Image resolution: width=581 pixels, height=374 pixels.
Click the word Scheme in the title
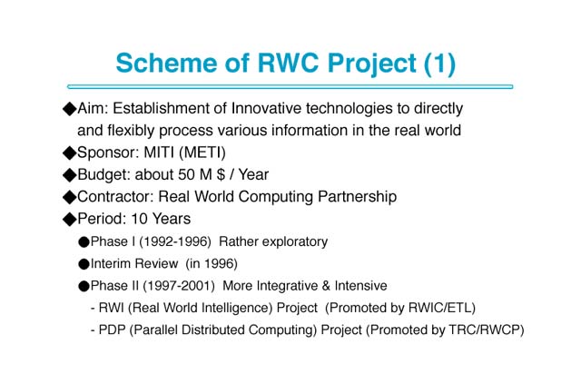coord(166,63)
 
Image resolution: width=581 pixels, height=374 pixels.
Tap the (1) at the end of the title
coord(439,64)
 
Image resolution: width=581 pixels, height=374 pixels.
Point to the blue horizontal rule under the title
coord(290,87)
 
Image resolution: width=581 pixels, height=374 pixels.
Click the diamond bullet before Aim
coord(69,109)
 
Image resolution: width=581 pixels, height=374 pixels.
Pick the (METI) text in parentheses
coord(202,153)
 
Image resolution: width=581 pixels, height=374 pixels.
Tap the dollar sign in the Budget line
coord(221,174)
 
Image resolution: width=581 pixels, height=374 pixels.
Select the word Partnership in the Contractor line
coord(357,197)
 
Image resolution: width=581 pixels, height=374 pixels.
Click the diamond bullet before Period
coord(69,220)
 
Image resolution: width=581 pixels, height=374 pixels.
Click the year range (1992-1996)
coord(175,241)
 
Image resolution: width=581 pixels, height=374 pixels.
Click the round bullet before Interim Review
coord(84,264)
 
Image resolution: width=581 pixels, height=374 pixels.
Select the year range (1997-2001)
coord(179,286)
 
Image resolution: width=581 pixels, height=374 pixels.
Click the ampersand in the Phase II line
coord(326,286)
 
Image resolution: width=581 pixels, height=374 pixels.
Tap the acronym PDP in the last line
coord(112,330)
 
